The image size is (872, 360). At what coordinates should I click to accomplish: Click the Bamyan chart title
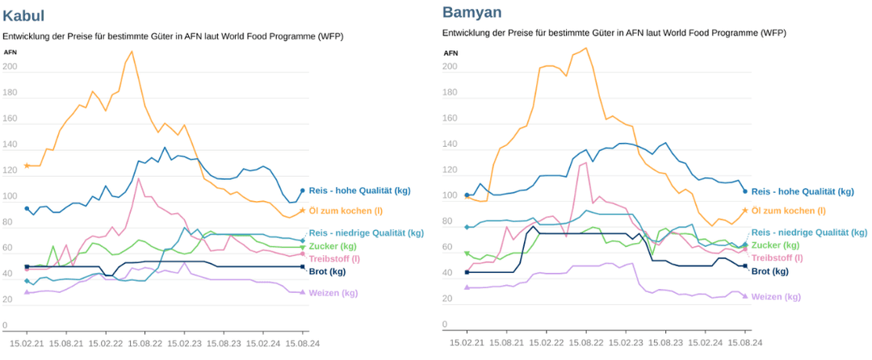(472, 12)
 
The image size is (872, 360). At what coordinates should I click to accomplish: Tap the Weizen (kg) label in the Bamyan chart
(776, 297)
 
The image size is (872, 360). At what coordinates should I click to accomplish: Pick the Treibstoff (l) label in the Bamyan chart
(777, 258)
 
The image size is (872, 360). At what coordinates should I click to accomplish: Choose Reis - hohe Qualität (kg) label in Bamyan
(803, 192)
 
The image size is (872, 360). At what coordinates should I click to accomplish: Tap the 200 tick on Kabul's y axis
(8, 68)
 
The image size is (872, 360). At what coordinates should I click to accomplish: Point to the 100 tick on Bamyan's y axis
(449, 196)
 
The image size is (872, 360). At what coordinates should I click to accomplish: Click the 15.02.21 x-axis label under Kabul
(27, 343)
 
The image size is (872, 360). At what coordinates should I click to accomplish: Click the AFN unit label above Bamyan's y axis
(451, 52)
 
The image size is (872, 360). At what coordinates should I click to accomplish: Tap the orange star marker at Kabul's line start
(27, 165)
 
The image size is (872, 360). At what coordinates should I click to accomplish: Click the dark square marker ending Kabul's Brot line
(302, 266)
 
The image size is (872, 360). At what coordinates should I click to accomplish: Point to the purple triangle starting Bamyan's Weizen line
(467, 287)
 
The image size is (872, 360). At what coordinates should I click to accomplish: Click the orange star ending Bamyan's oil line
(744, 210)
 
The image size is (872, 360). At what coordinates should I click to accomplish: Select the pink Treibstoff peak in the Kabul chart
(139, 179)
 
